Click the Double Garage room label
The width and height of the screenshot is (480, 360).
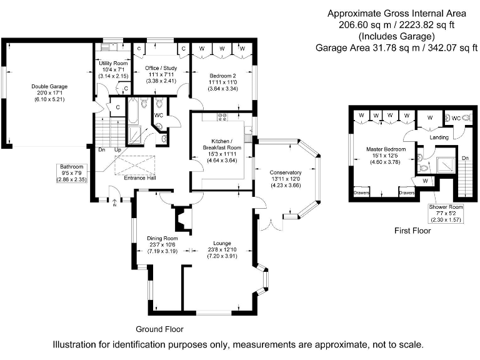(x=50, y=87)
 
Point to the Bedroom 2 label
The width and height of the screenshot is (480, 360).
(x=222, y=76)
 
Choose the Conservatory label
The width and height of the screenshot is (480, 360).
(x=285, y=172)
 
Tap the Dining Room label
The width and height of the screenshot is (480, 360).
(x=162, y=238)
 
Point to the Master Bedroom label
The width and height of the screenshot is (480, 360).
(x=386, y=150)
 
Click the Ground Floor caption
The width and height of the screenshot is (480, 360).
(x=159, y=329)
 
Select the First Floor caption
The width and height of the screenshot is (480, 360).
(x=412, y=231)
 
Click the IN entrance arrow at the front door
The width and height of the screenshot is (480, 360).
(x=115, y=201)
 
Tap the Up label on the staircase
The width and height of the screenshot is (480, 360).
(x=117, y=150)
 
